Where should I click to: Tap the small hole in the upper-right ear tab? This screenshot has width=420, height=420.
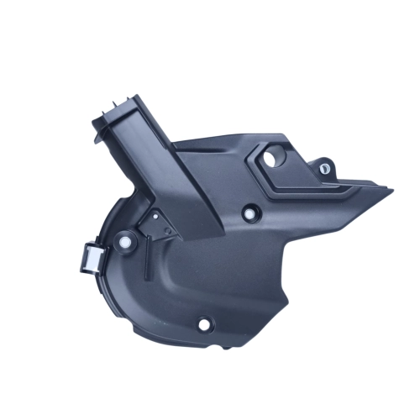pos(324,169)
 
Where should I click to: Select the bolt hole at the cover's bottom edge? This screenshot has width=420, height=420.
pos(204,323)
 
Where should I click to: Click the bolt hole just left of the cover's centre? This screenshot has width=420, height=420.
pos(249,213)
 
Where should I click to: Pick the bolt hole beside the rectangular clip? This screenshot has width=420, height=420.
pos(125,244)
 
